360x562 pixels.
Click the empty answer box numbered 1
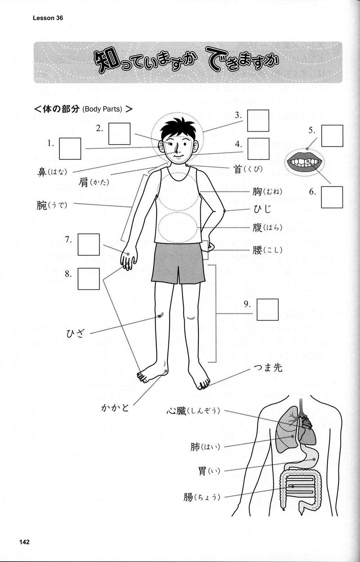70,149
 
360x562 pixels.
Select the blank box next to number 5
332,136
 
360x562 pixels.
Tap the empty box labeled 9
268,309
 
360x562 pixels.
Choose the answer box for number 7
89,245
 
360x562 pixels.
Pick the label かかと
115,408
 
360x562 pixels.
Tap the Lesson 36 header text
47,18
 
